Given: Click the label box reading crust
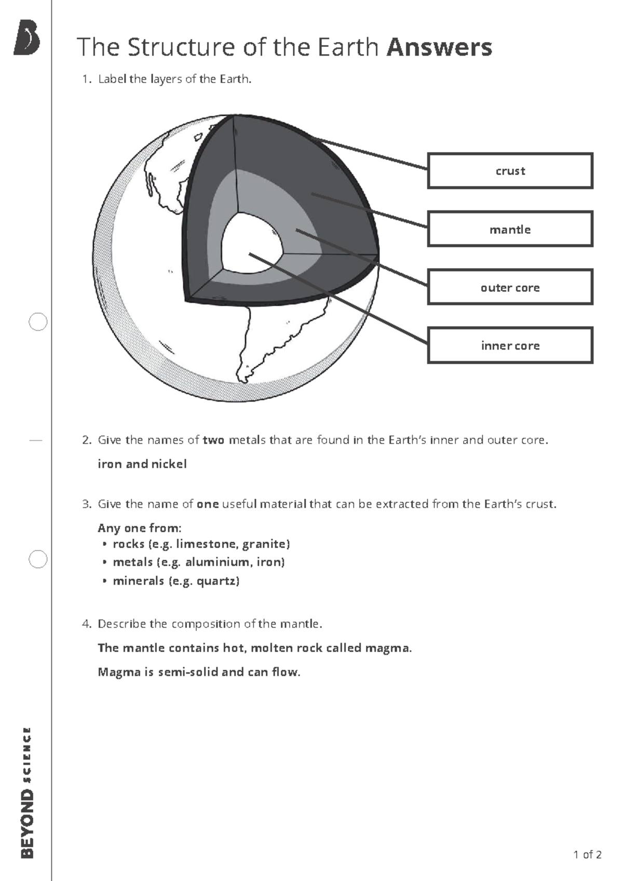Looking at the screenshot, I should (x=510, y=171).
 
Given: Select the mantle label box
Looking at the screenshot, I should (x=510, y=229).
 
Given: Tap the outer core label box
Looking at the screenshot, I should (x=510, y=287).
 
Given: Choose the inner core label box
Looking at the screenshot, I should (x=510, y=345).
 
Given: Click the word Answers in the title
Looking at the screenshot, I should (x=439, y=47).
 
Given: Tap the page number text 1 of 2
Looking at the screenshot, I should (x=587, y=855).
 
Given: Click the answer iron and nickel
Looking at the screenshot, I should (x=142, y=464).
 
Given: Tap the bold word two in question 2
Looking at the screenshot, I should (x=213, y=440).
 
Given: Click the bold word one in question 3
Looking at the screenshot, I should (x=208, y=504).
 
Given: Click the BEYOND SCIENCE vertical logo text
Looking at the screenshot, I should (x=27, y=792).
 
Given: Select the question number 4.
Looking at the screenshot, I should (x=86, y=624).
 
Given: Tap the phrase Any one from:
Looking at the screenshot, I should (x=139, y=528).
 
